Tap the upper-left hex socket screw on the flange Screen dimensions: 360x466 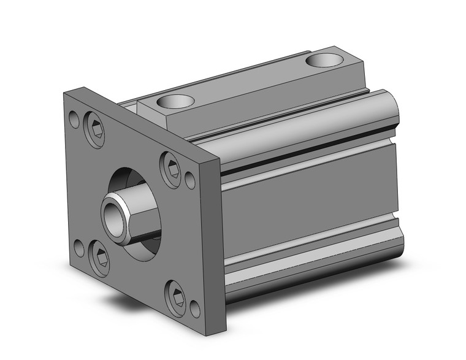(x=94, y=129)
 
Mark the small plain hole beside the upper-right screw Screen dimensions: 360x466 (x=190, y=180)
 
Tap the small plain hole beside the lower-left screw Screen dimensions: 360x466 (x=79, y=248)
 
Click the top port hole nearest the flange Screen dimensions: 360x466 (x=175, y=101)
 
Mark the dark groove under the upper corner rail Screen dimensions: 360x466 (x=307, y=159)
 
